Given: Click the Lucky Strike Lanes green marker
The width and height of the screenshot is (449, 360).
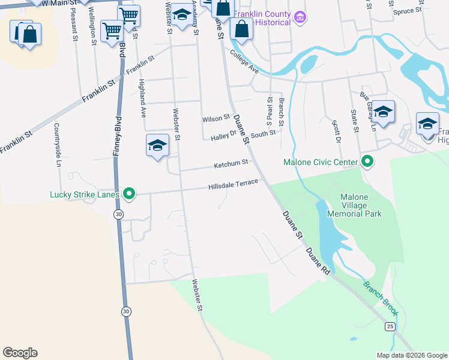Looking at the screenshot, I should coord(128,194).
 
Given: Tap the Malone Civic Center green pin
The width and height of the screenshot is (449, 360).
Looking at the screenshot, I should coord(367,162).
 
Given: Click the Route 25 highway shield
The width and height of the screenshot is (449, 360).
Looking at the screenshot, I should coord(390,326).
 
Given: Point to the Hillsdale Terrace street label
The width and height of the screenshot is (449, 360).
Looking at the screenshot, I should coord(233,185).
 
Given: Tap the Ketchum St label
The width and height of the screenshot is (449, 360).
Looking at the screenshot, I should coord(232,164).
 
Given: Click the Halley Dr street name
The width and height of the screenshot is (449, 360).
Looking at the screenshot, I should coord(224,137).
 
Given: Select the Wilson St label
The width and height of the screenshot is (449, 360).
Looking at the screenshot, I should coord(216,119).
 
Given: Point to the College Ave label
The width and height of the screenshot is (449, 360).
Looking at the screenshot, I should coord(244,62).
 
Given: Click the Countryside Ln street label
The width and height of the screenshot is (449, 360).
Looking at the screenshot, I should coord(58,145).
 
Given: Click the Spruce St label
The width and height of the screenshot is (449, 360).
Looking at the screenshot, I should coord(407,11).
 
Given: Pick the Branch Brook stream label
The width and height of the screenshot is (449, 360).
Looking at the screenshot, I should coord(380,298).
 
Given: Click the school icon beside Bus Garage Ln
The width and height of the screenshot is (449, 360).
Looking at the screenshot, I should coord(383,112).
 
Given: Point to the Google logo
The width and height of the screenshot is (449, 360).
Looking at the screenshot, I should coord(20,353).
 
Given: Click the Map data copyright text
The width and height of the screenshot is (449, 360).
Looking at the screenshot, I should coord(411,355).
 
